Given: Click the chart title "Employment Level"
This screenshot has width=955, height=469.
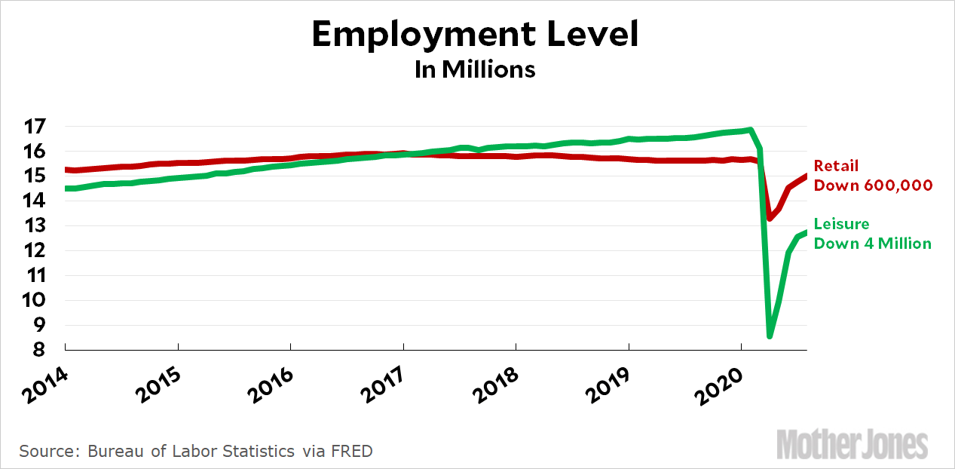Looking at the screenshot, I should [476, 35].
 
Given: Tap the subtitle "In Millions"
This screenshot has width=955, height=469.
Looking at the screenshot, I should [475, 69].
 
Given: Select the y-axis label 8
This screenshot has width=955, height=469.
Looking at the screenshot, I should [36, 351].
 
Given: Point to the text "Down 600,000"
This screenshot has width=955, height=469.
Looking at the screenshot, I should [873, 185].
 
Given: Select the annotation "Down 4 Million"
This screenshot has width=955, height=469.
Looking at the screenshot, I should [873, 243].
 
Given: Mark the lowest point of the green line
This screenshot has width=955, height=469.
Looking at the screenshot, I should [770, 336].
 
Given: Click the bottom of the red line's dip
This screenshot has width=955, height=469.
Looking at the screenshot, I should [770, 219].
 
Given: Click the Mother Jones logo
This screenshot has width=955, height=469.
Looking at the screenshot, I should [852, 444].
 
